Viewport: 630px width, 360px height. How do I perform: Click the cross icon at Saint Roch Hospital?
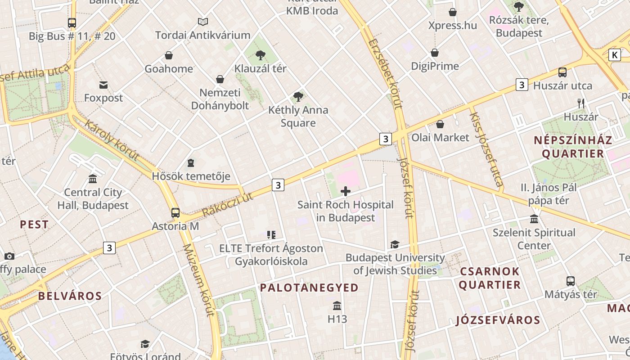pyautogui.click(x=346, y=192)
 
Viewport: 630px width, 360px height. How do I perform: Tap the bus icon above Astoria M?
pyautogui.click(x=175, y=213)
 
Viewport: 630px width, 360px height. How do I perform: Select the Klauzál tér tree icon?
pyautogui.click(x=260, y=55)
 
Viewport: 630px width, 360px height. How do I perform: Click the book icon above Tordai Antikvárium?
pyautogui.click(x=203, y=22)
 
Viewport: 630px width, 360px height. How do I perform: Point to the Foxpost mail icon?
pyautogui.click(x=103, y=85)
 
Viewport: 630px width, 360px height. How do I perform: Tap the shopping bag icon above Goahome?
pyautogui.click(x=169, y=55)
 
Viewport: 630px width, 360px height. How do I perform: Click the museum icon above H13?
pyautogui.click(x=337, y=306)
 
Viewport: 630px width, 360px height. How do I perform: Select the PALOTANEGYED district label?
pyautogui.click(x=309, y=288)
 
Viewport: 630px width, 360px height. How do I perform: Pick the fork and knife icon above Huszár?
pyautogui.click(x=581, y=103)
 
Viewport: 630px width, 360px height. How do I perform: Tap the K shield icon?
pyautogui.click(x=614, y=55)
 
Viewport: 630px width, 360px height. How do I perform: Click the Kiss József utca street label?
pyautogui.click(x=486, y=149)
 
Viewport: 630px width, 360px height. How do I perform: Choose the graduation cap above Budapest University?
pyautogui.click(x=395, y=244)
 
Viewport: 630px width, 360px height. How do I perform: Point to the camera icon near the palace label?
pyautogui.click(x=9, y=256)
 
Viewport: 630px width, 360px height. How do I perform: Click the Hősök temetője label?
pyautogui.click(x=191, y=176)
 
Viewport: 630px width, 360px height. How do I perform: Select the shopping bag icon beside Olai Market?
pyautogui.click(x=440, y=124)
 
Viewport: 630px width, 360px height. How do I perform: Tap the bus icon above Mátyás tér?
pyautogui.click(x=571, y=281)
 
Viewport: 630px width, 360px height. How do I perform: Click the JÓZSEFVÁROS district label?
pyautogui.click(x=498, y=320)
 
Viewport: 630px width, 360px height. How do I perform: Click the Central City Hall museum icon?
pyautogui.click(x=93, y=179)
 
